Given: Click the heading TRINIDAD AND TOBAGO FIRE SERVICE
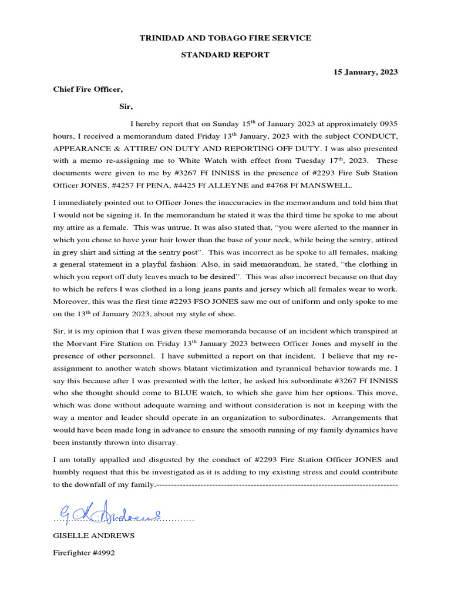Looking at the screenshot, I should tap(225, 38).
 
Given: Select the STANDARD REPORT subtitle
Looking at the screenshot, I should tap(225, 55).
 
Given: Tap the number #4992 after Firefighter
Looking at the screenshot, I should tap(107, 553).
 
